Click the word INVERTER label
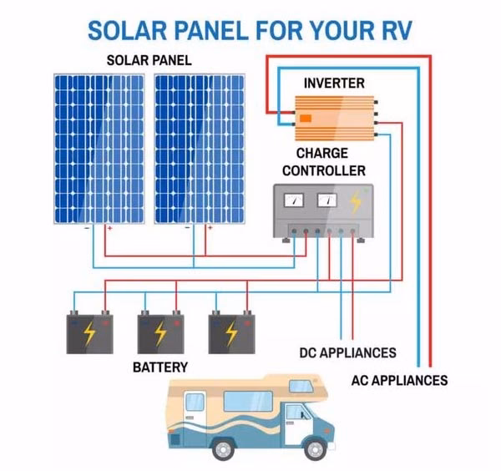pos(333,83)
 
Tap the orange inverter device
pos(333,116)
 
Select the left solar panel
pos(99,149)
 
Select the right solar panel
pos(200,149)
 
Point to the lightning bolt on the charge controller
pos(357,201)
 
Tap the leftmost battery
pos(89,333)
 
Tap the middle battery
pos(159,333)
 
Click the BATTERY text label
pos(160,367)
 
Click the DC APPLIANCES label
pos(347,352)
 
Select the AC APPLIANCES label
pos(398,381)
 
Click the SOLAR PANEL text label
pos(149,60)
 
